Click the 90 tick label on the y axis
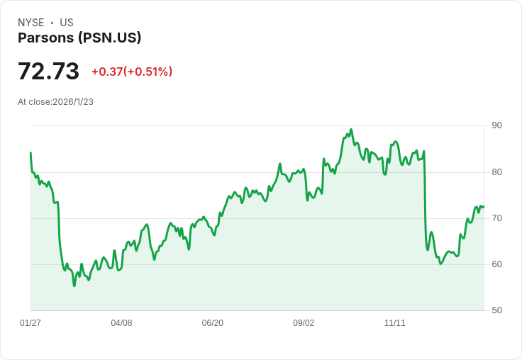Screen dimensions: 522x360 (x=496, y=125)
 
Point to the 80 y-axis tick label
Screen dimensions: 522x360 (x=496, y=172)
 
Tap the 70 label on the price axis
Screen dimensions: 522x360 (x=496, y=218)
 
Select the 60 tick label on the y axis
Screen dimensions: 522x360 (x=496, y=264)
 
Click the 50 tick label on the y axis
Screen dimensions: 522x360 (x=496, y=310)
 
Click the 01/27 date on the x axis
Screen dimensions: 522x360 (x=30, y=322)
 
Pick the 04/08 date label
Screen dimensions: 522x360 (x=121, y=322)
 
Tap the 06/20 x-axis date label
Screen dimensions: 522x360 (x=212, y=322)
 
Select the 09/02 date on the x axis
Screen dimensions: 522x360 (x=304, y=322)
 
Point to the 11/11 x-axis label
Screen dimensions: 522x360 (x=395, y=322)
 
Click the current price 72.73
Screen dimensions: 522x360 (x=49, y=71)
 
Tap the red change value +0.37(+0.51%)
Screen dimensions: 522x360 (x=132, y=72)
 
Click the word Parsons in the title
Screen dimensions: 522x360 (x=46, y=38)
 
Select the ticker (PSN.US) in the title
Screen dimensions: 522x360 (x=110, y=38)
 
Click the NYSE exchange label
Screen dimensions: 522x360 (x=31, y=23)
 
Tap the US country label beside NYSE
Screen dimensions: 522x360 (x=67, y=23)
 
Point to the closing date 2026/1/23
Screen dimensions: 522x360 (x=73, y=102)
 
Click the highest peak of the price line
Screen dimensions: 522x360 (x=351, y=130)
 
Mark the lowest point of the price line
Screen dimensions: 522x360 (x=74, y=286)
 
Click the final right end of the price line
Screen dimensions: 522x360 (x=484, y=207)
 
